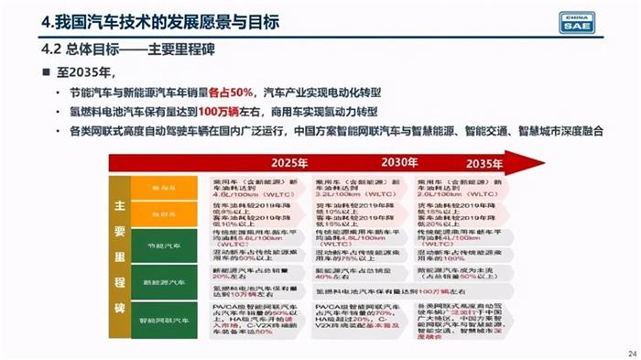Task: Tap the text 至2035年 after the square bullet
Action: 87,72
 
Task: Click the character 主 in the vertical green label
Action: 120,208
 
